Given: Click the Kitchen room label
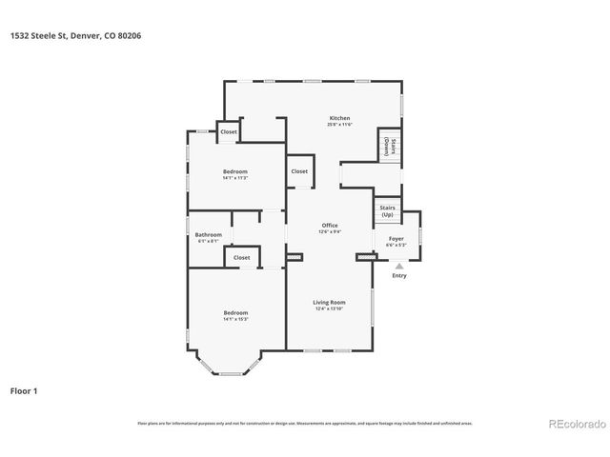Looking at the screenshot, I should tap(339, 118).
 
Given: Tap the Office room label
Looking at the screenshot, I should tap(330, 226).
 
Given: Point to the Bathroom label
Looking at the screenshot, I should tap(208, 235).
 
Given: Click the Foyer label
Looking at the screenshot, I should tap(395, 240).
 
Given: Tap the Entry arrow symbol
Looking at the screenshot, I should tap(398, 267).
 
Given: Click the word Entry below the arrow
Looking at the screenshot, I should tap(398, 276).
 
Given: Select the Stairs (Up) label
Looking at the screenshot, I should tap(387, 210).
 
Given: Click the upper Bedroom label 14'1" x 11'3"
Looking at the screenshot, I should tap(235, 171).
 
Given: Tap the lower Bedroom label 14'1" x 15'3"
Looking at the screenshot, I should tap(235, 313).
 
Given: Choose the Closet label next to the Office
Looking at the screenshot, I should tap(299, 171).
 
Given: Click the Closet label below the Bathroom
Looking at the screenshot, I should tap(241, 257).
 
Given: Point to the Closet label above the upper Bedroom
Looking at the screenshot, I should tap(229, 131).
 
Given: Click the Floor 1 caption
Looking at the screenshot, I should tap(24, 390).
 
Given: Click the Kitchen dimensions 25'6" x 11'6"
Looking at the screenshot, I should tap(339, 125).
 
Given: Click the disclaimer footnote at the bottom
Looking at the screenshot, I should tap(304, 423).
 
